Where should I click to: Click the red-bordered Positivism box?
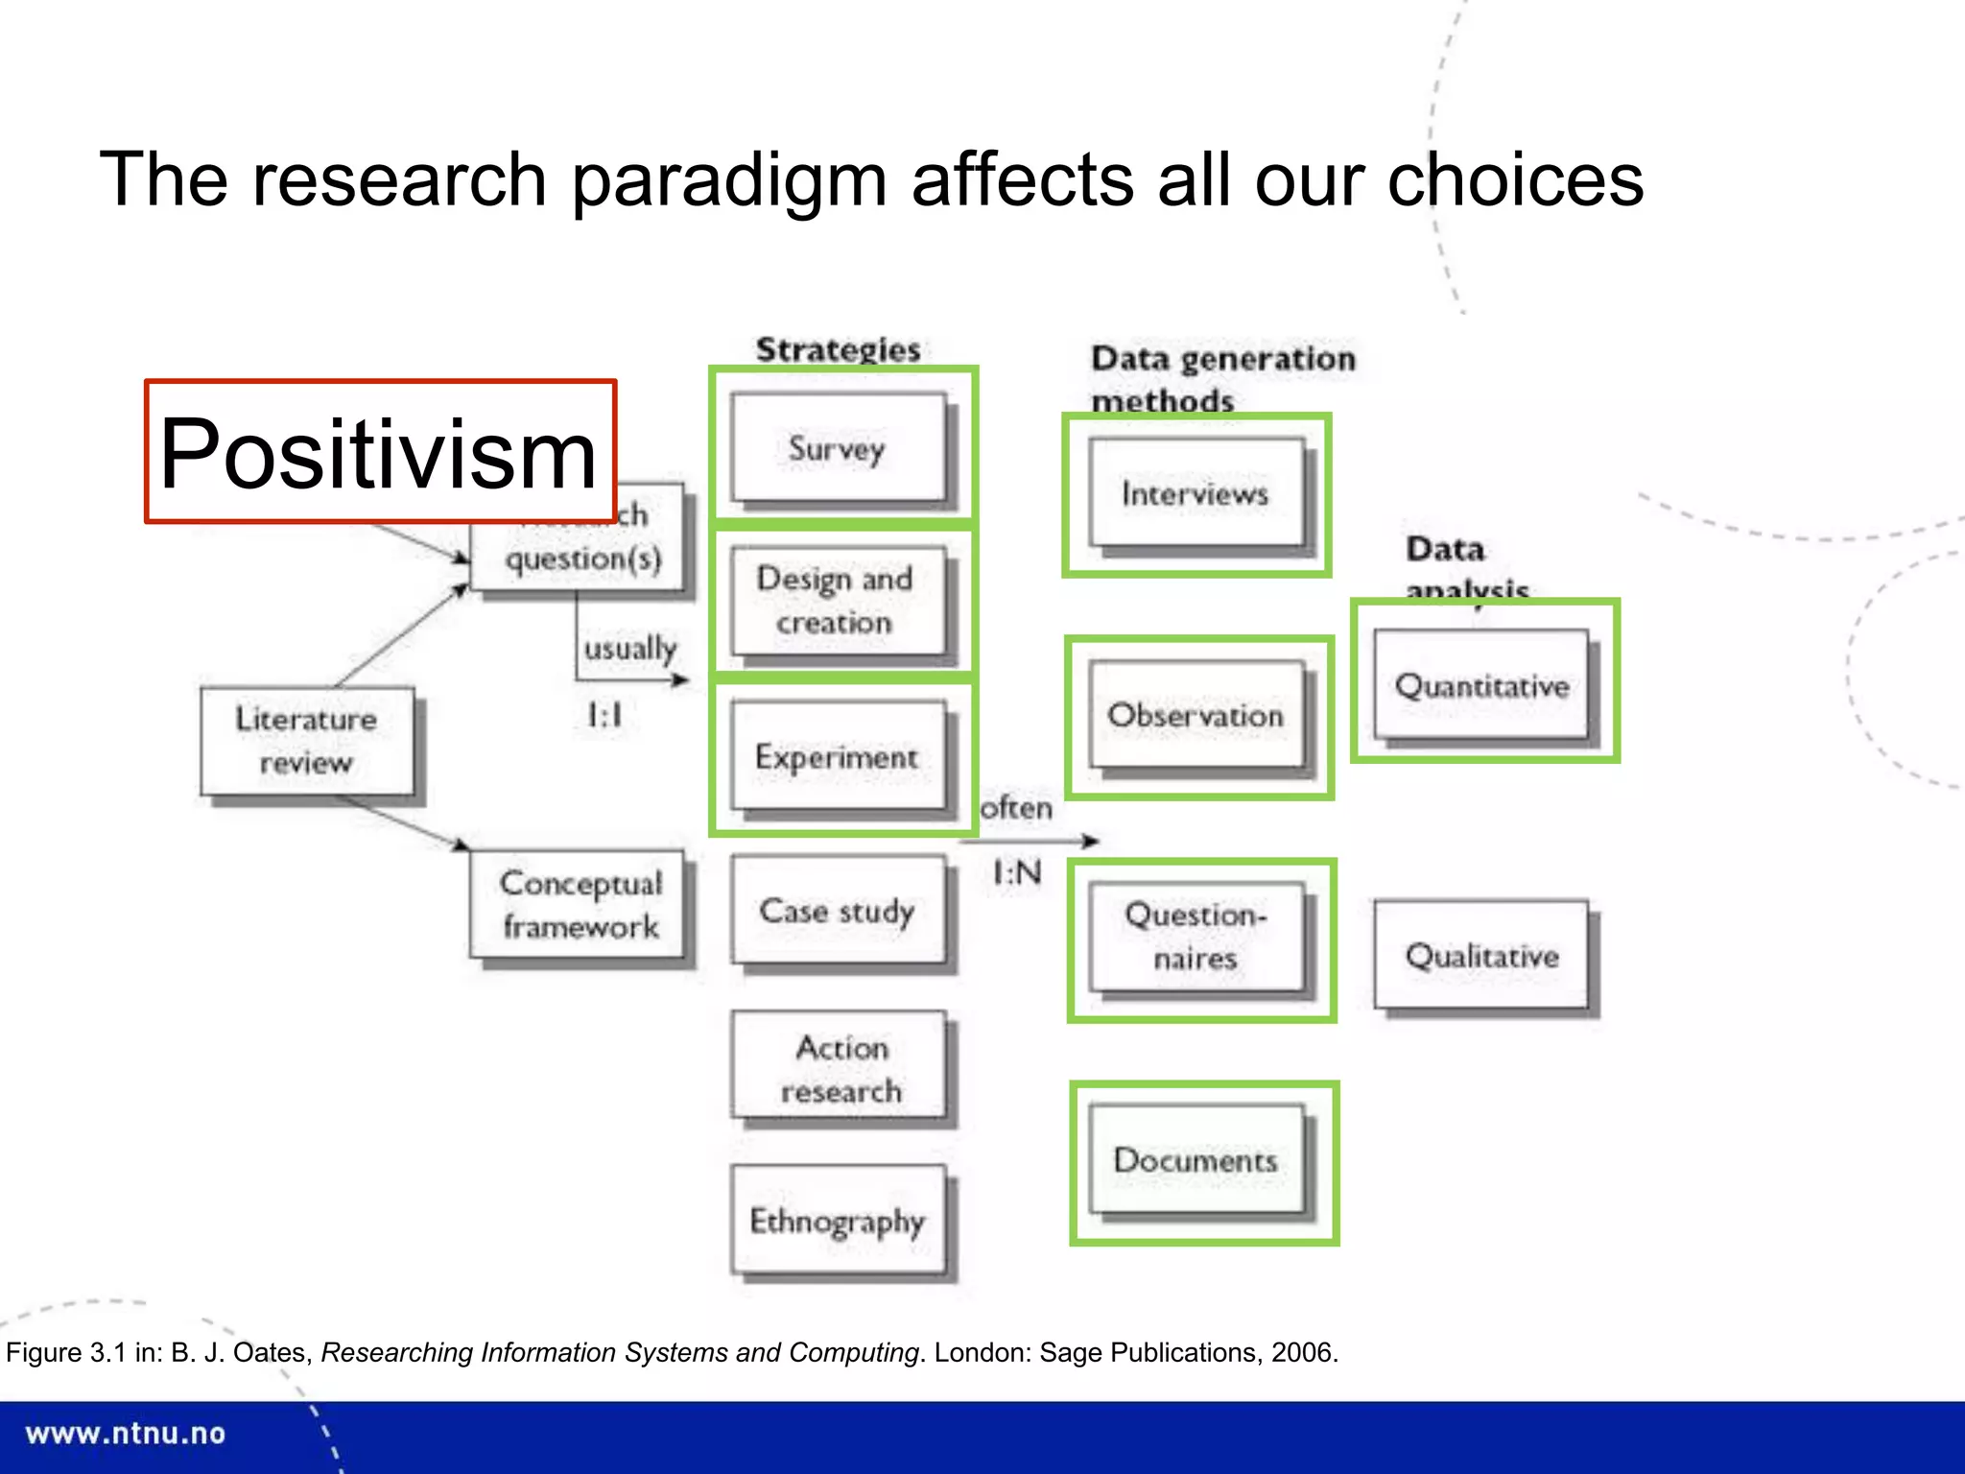[380, 452]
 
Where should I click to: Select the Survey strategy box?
[838, 448]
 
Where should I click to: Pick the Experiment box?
[838, 757]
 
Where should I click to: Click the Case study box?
[838, 911]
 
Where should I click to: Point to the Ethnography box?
[838, 1221]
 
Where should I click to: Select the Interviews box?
[1196, 493]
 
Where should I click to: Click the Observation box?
[1196, 715]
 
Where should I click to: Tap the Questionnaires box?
[1196, 937]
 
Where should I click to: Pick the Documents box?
[1196, 1160]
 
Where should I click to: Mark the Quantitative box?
[1481, 685]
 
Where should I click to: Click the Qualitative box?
[1481, 955]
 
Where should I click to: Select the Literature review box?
[307, 741]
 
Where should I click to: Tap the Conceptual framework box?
[580, 905]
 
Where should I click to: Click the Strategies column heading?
[838, 349]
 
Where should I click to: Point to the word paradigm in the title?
[729, 180]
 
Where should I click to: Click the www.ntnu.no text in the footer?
[126, 1434]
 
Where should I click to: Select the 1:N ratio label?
[1017, 872]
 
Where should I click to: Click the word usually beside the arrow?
[629, 649]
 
